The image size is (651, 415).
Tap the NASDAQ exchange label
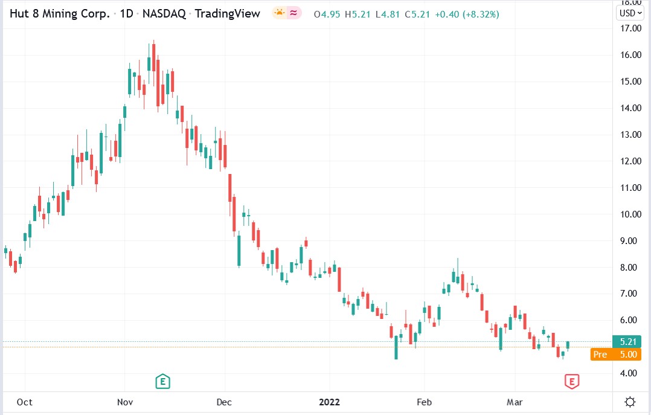(x=165, y=13)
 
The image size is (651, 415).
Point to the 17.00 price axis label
(x=630, y=28)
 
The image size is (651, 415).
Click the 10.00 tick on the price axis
(x=630, y=214)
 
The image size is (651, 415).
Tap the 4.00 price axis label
(x=630, y=373)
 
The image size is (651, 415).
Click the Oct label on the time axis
(x=25, y=402)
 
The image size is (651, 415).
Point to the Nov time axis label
(x=125, y=402)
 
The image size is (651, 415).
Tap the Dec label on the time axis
(x=224, y=402)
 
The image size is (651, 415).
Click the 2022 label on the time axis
(x=329, y=402)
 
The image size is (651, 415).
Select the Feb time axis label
(x=424, y=402)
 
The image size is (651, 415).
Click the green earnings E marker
(x=162, y=381)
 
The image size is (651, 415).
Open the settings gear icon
(x=630, y=402)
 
